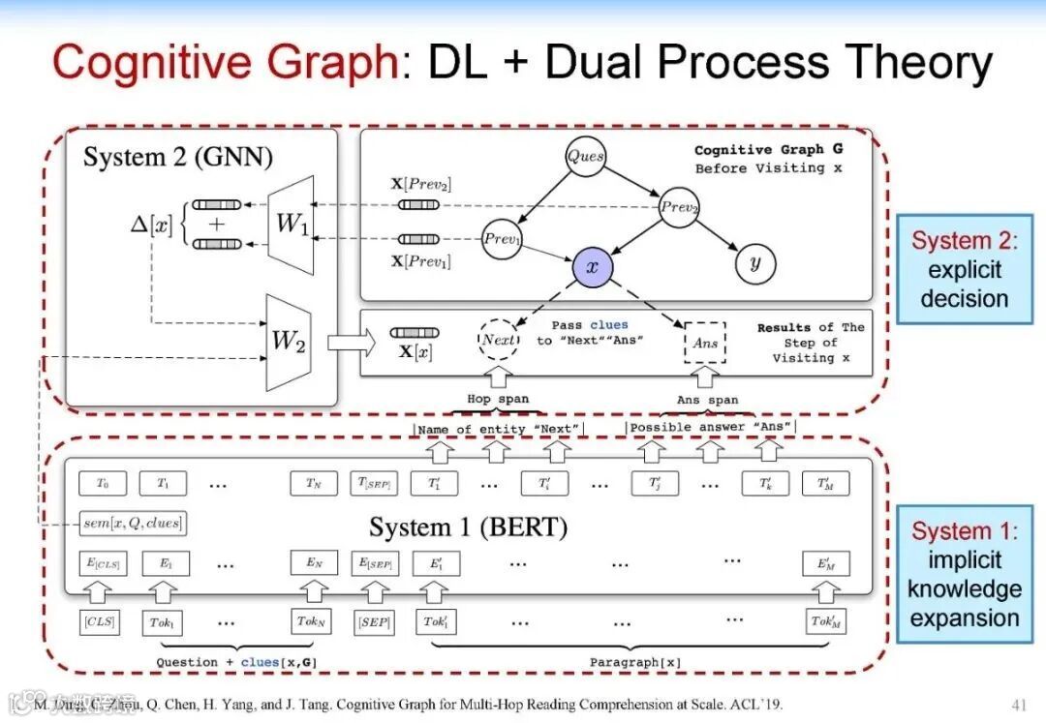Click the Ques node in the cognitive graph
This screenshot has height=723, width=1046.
[585, 156]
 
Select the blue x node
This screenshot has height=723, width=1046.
[592, 266]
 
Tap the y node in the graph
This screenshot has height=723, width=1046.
[754, 262]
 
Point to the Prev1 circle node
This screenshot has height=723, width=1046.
[501, 239]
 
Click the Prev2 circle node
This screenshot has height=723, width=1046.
[679, 207]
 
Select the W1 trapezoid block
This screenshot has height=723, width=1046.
[292, 224]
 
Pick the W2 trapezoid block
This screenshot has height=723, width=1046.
[288, 341]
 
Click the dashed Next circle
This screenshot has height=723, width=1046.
[499, 341]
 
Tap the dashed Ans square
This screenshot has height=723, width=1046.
[706, 343]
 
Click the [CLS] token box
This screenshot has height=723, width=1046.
[100, 621]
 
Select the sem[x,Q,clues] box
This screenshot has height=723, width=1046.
[133, 524]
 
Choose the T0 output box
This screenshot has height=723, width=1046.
[102, 483]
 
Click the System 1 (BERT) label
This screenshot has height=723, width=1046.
[468, 527]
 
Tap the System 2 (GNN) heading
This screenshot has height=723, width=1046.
[178, 157]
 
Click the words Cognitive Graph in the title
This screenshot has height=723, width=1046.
[225, 64]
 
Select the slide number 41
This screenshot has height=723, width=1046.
[1017, 704]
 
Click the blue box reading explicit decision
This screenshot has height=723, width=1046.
[964, 268]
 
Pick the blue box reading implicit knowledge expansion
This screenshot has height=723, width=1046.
[964, 573]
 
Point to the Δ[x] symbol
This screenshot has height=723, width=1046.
[151, 225]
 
